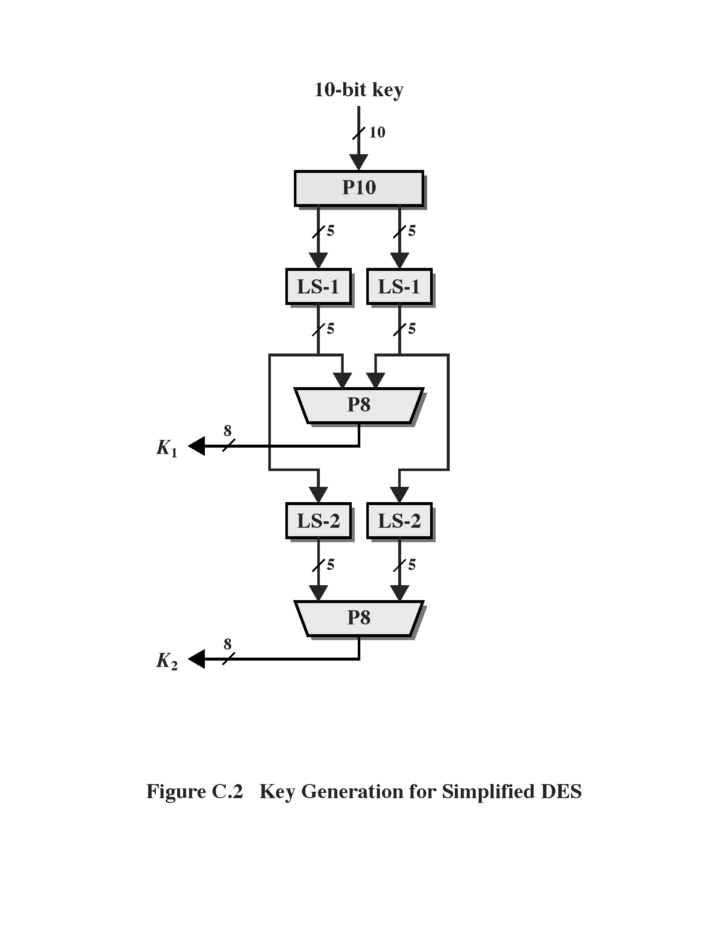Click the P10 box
click(x=359, y=188)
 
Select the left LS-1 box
click(x=318, y=287)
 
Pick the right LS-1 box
click(x=399, y=287)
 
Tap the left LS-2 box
click(x=318, y=521)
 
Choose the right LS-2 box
click(x=399, y=521)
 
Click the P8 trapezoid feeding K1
click(x=359, y=405)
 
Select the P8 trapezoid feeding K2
click(x=359, y=618)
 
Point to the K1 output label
click(x=167, y=448)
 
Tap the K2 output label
click(x=167, y=661)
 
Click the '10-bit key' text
click(x=359, y=90)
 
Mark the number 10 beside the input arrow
click(x=377, y=132)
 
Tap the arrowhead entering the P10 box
click(x=359, y=162)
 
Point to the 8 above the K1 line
click(x=227, y=430)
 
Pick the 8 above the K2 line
click(x=227, y=644)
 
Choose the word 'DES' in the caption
click(x=561, y=792)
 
